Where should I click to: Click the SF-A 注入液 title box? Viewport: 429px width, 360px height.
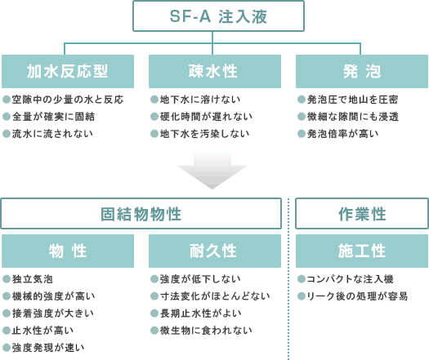click(x=218, y=16)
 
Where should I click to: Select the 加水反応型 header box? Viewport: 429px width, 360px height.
click(x=68, y=71)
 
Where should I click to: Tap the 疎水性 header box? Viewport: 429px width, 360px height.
click(x=215, y=71)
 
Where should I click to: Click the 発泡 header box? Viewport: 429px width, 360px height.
click(x=362, y=71)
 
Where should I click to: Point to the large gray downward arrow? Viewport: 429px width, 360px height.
click(x=212, y=171)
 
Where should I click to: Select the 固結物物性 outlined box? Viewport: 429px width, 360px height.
click(x=141, y=214)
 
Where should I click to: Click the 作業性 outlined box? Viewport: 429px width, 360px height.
click(x=362, y=214)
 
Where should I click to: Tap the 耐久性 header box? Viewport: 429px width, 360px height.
click(x=215, y=251)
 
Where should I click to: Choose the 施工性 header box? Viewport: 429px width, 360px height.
click(x=362, y=251)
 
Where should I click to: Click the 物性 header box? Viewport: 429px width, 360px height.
click(x=68, y=251)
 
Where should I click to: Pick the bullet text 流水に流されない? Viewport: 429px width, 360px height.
click(x=52, y=134)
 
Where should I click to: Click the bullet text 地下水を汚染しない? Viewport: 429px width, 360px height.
click(x=204, y=134)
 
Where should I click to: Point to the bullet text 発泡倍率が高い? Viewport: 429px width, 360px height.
click(x=343, y=134)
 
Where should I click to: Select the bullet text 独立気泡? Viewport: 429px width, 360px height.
click(x=33, y=279)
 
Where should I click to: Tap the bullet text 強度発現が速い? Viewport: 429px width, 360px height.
click(x=48, y=348)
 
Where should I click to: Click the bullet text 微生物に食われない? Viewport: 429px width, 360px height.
click(x=206, y=331)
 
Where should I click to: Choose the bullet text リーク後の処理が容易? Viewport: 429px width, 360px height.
click(x=357, y=296)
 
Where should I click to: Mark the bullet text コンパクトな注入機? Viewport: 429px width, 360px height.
click(x=350, y=279)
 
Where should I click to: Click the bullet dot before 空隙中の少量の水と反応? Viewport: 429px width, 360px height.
click(x=7, y=100)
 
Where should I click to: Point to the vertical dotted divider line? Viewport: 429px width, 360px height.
click(x=288, y=279)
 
